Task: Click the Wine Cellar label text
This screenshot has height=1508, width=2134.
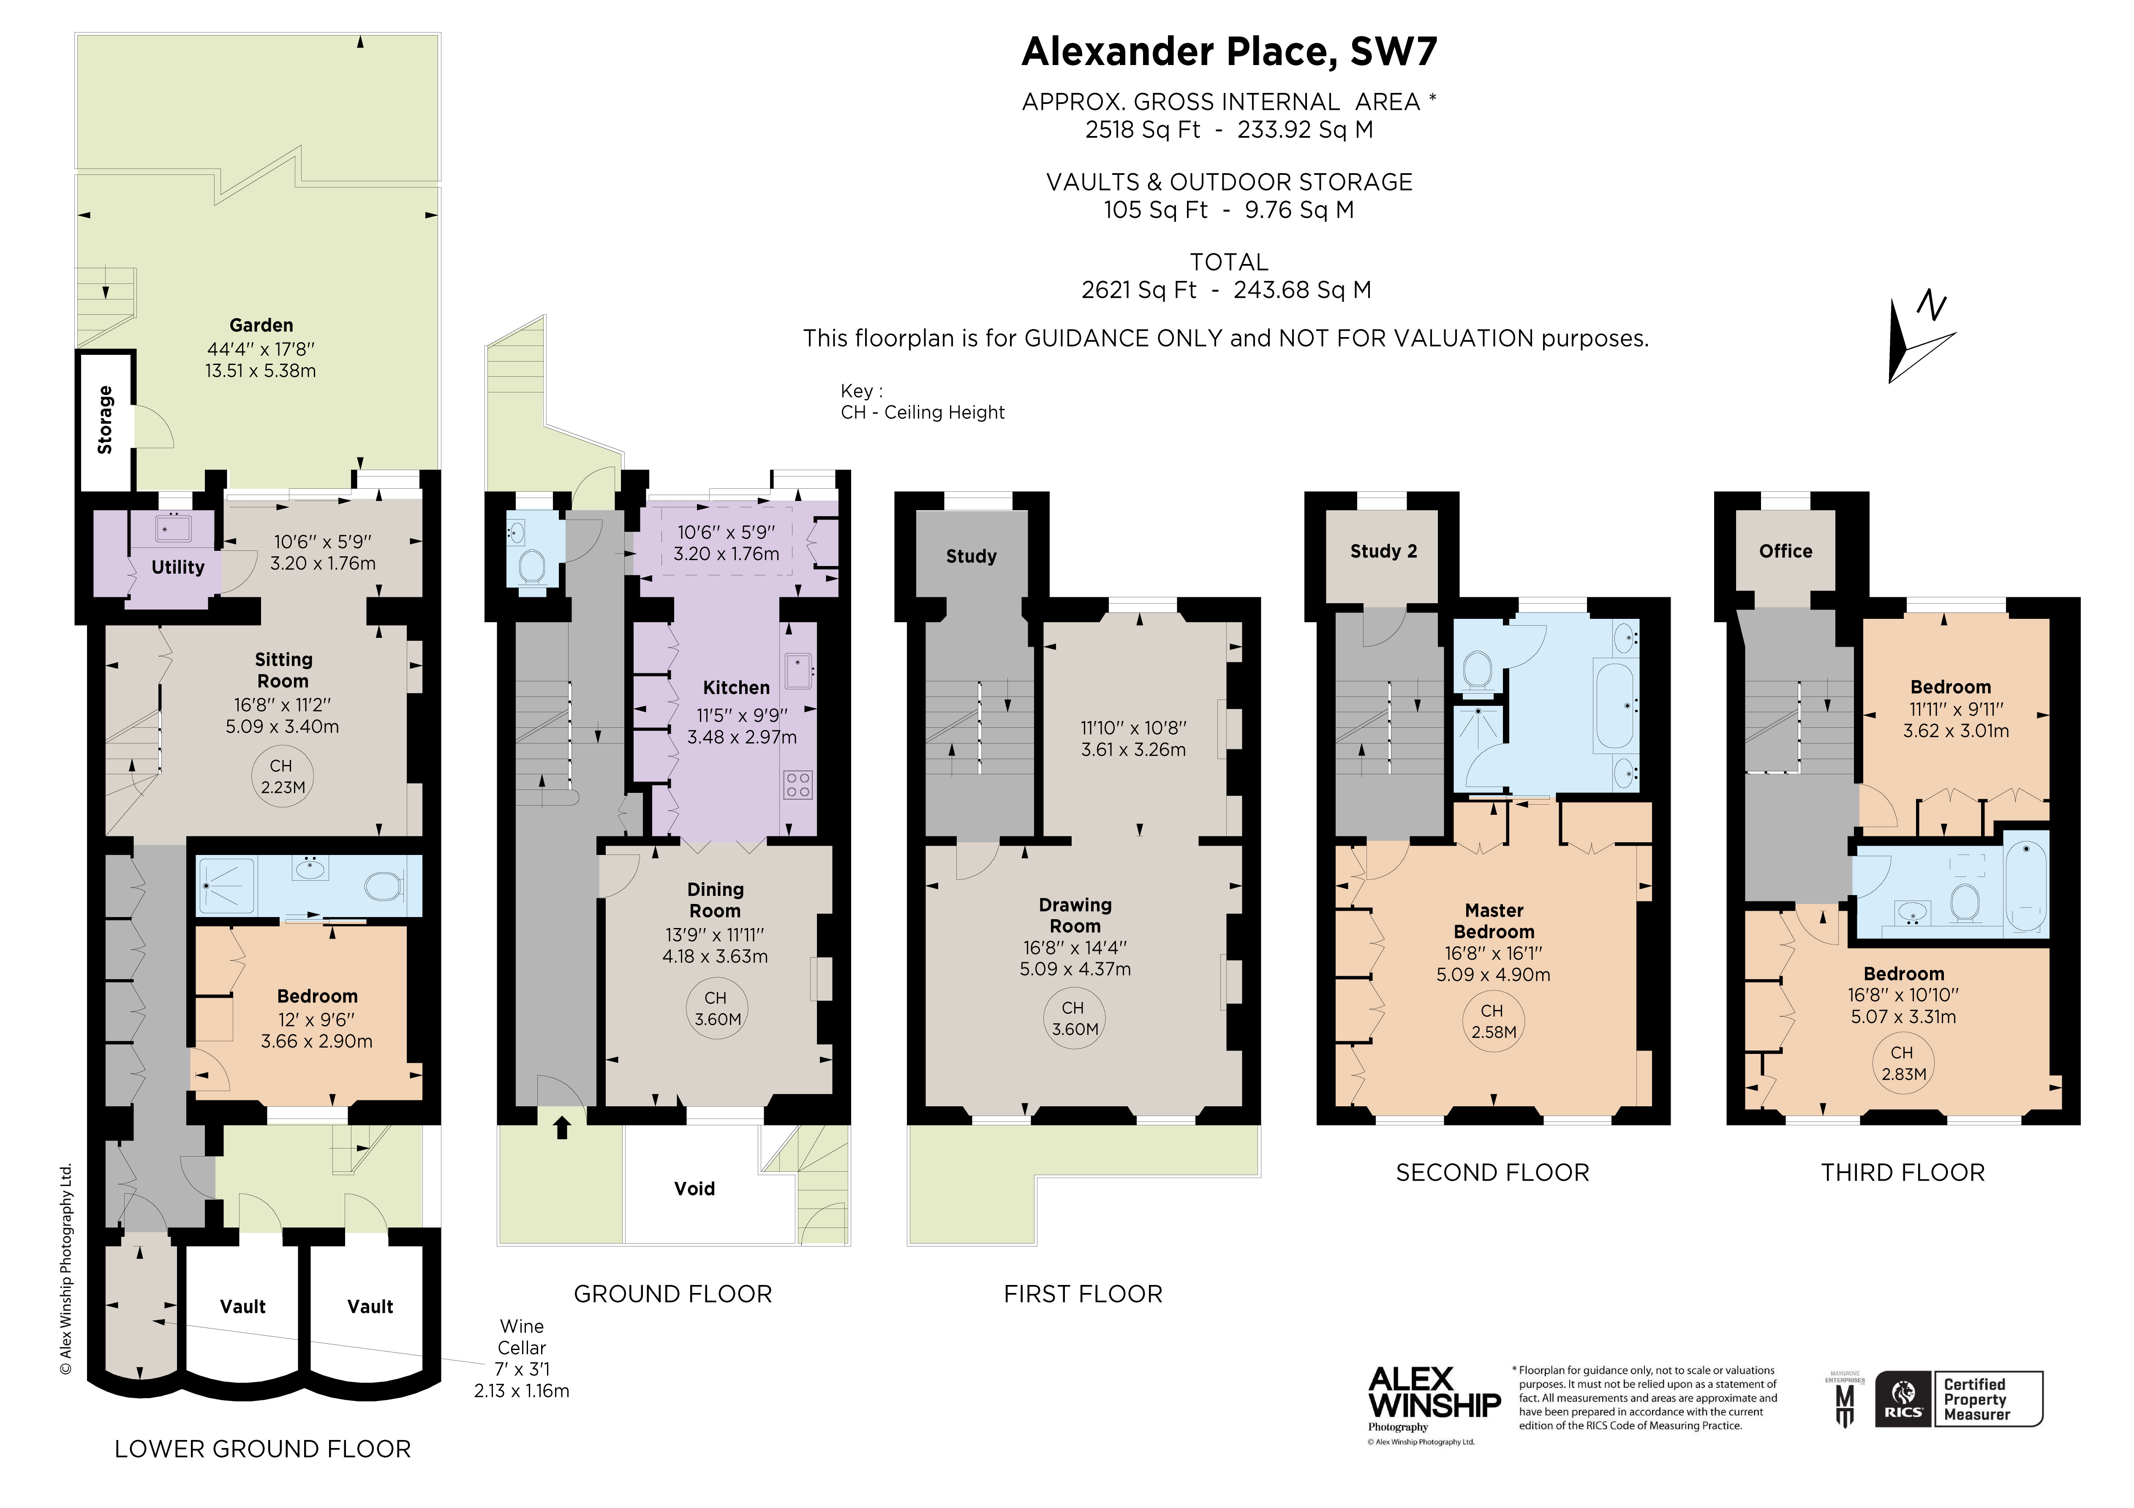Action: [x=521, y=1337]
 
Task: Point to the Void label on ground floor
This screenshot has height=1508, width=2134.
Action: [x=694, y=1188]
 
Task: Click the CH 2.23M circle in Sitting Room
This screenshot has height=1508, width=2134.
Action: [x=282, y=776]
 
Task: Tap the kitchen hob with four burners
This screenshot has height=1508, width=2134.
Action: [x=798, y=785]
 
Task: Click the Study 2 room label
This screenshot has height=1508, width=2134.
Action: [x=1383, y=551]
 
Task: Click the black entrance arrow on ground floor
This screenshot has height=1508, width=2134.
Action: [x=561, y=1128]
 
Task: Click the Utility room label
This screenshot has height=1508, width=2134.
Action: [x=177, y=567]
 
